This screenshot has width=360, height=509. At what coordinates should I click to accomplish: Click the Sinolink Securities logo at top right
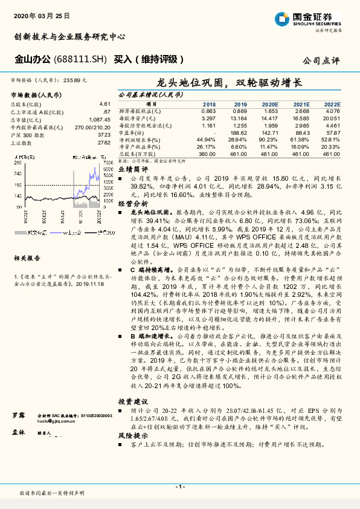(314, 19)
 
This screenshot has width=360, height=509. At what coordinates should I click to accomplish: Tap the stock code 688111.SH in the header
(80, 59)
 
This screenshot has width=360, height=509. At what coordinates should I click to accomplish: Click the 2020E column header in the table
(269, 105)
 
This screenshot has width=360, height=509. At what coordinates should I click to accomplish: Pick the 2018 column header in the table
(208, 105)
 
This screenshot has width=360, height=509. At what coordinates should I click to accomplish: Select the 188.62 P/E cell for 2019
(240, 132)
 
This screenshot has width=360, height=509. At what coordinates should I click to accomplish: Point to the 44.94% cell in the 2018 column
(207, 139)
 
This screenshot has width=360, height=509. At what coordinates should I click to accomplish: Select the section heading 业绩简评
(132, 170)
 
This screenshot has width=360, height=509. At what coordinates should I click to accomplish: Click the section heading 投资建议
(132, 384)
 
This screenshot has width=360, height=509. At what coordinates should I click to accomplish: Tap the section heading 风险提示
(132, 435)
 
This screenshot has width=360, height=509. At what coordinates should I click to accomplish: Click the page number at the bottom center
(179, 486)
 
